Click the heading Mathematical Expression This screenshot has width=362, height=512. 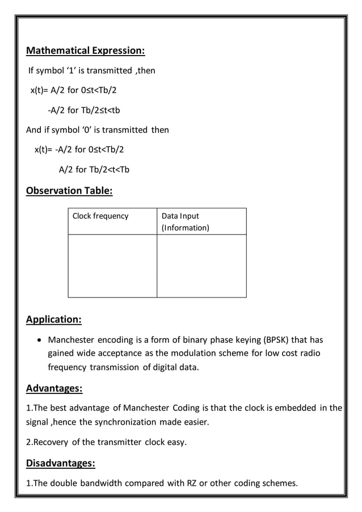click(86, 51)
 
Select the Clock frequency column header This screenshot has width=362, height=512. click(100, 216)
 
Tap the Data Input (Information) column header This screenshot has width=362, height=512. click(185, 221)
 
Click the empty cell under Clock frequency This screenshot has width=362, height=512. click(112, 266)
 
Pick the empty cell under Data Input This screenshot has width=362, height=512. click(201, 266)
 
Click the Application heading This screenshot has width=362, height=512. click(54, 319)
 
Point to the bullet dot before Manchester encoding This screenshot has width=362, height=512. click(37, 341)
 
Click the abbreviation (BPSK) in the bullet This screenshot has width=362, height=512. click(275, 340)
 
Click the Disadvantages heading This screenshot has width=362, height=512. click(61, 463)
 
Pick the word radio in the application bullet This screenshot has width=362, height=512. click(309, 353)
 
